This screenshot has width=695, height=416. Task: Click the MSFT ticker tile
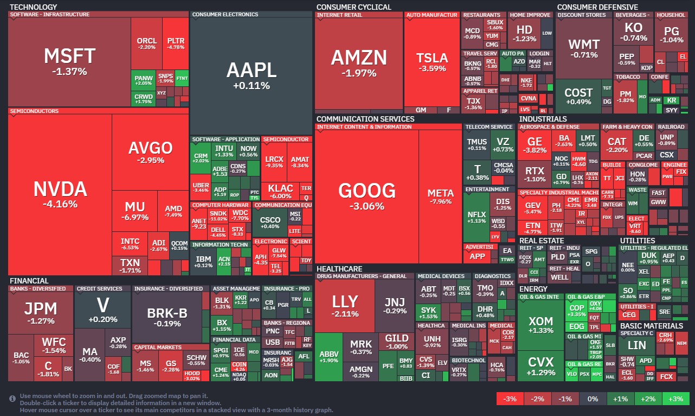point(69,61)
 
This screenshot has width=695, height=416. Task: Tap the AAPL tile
point(252,75)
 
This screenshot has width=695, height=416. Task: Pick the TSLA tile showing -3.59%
point(432,62)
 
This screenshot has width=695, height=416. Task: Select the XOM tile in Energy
point(540,325)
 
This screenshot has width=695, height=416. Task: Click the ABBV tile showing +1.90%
point(329,356)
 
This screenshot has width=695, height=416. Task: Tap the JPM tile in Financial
point(41,313)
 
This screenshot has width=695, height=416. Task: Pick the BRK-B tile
point(167,316)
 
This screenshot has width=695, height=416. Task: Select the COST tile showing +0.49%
point(578,96)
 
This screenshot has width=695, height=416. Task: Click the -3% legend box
point(510,399)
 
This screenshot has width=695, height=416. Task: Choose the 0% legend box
point(592,399)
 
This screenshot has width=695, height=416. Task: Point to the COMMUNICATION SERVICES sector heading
point(365,119)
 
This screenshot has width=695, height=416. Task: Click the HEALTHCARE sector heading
point(339,269)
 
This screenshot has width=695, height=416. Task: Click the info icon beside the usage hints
point(12,398)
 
